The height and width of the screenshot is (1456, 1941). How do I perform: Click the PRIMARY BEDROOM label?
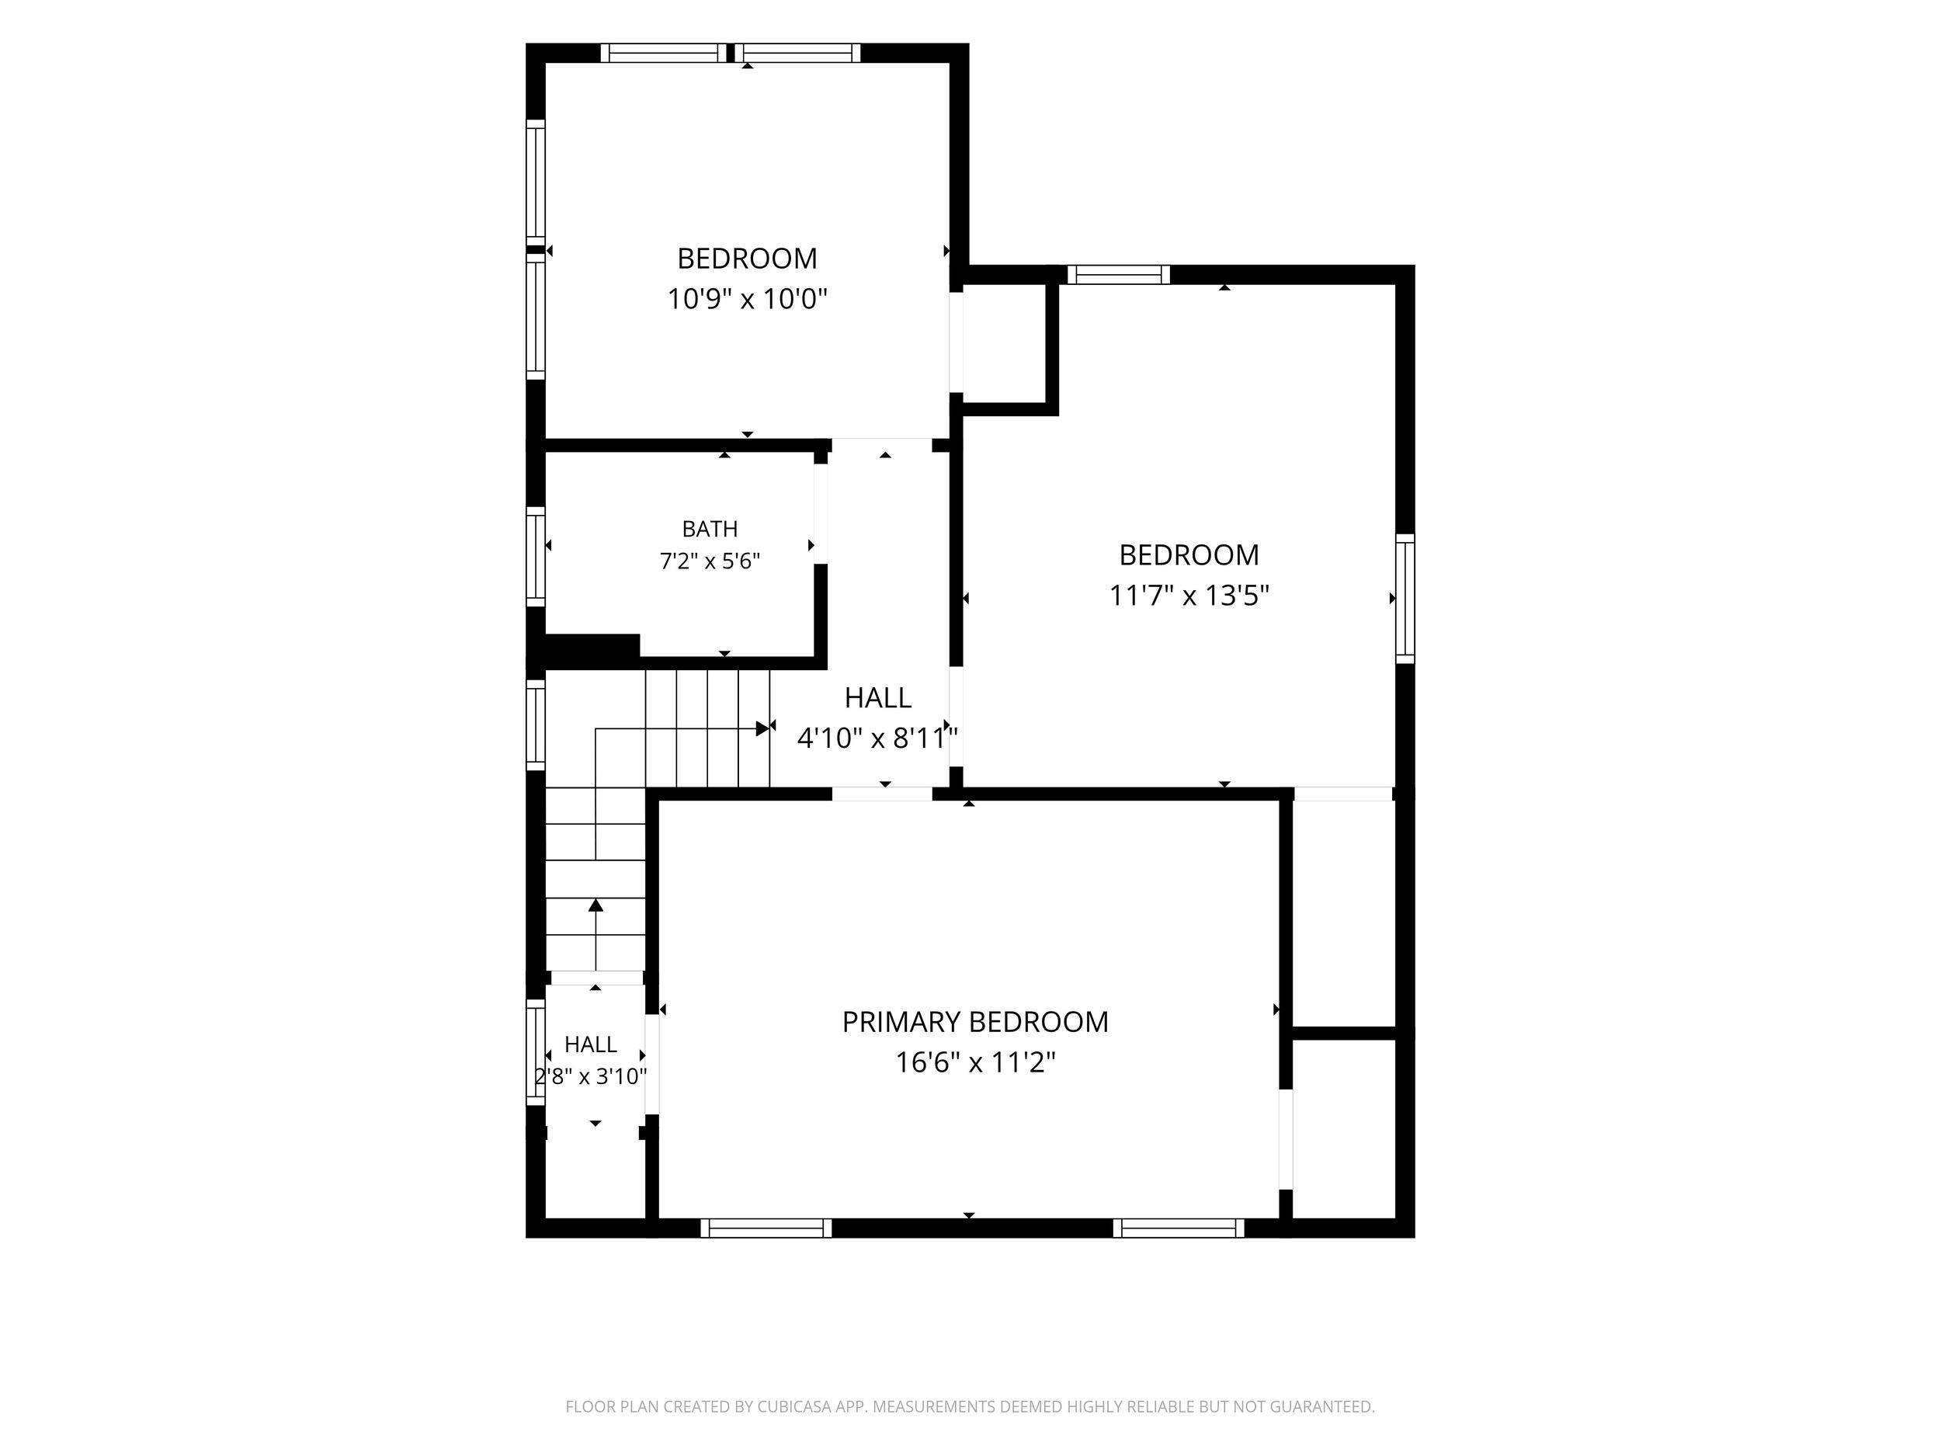tap(975, 1022)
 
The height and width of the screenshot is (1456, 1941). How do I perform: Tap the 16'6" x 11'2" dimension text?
tap(975, 1063)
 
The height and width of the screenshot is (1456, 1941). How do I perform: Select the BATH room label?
tap(710, 530)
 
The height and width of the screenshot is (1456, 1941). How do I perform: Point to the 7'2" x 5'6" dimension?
tap(710, 561)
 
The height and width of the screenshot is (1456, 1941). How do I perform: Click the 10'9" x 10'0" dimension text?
tap(748, 299)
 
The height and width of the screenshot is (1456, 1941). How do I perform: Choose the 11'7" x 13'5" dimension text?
tap(1189, 596)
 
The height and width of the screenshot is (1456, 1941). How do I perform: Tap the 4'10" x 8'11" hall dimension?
tap(877, 738)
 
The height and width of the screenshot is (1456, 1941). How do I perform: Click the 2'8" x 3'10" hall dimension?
tap(591, 1076)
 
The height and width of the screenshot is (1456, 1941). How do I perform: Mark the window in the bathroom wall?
tap(535, 557)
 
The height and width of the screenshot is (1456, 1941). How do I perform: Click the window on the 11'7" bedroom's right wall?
tap(1405, 598)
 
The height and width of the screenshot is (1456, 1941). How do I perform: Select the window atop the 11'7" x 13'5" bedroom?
tap(1119, 275)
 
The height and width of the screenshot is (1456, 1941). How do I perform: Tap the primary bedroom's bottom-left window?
tap(766, 1228)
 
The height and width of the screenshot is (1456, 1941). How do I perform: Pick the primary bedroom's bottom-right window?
tap(1179, 1228)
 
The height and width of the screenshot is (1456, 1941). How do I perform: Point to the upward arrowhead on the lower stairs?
tap(595, 905)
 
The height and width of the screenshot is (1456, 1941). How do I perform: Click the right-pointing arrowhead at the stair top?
tap(762, 728)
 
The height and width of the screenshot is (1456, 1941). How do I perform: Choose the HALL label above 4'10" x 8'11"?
tap(877, 698)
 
